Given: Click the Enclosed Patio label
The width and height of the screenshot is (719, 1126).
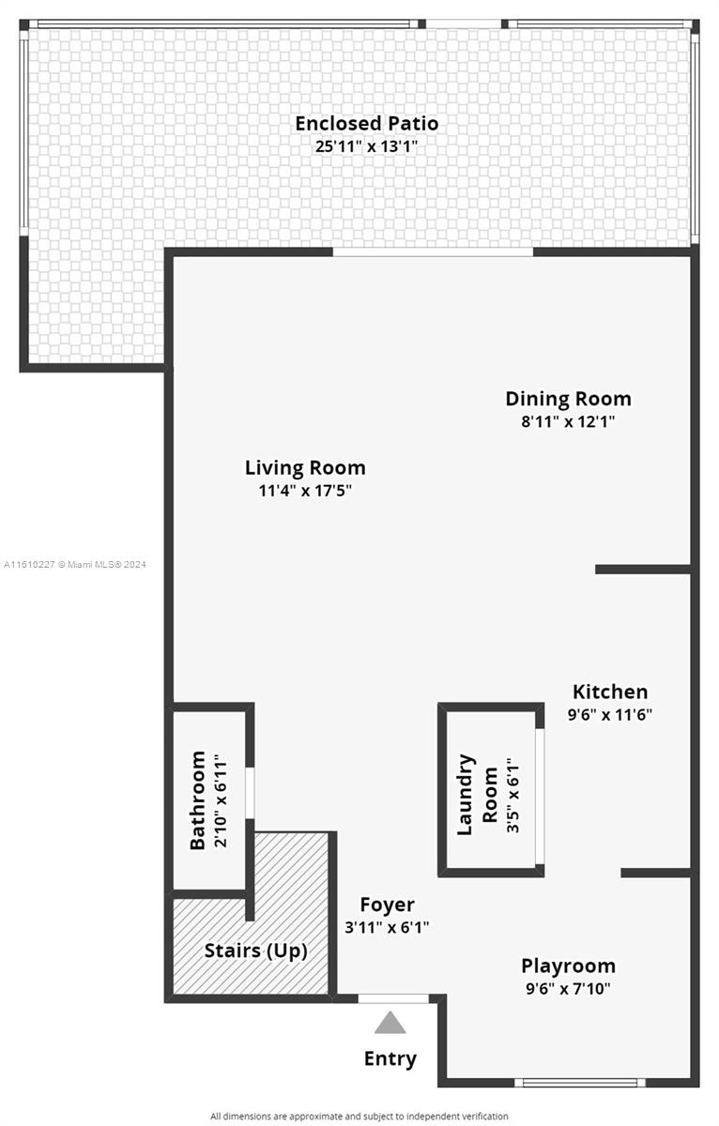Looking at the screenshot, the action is pos(366,124).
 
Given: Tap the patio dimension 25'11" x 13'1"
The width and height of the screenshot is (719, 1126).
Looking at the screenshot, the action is pos(366,146).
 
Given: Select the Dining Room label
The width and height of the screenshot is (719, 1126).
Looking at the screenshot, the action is pos(568,399).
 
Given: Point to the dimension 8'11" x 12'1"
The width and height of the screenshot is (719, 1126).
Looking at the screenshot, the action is pos(568,421).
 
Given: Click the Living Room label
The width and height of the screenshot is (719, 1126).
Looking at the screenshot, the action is pos(305,468).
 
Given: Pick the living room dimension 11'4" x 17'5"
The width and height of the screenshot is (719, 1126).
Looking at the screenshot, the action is pos(305,491).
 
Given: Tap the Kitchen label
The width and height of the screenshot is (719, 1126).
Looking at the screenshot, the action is pos(610,692).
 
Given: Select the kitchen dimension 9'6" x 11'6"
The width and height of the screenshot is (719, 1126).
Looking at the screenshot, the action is pos(610,714).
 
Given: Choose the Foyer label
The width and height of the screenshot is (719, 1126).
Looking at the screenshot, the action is pos(387,905).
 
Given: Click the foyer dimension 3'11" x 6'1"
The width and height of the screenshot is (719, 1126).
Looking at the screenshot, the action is pos(387,927).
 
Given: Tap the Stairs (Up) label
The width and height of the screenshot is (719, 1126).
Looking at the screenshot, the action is pos(256,951).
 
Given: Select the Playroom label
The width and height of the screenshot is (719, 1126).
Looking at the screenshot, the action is pos(568,966).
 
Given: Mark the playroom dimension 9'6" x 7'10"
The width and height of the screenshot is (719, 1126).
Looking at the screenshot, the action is pos(568,989).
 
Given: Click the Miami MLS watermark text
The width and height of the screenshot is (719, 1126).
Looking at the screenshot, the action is pos(75,565).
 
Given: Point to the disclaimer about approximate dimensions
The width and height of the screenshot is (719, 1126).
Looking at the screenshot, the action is pos(359,1116).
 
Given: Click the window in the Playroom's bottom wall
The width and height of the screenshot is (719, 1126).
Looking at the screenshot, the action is pos(580,1082).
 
